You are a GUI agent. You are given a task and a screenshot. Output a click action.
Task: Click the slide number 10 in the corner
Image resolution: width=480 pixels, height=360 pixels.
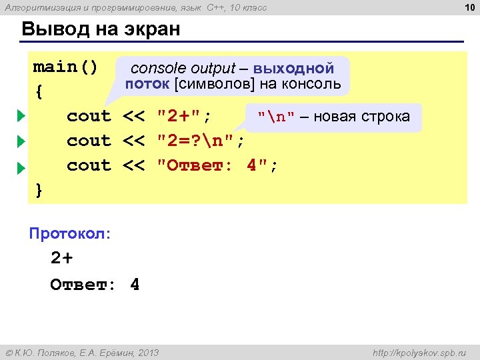tap(468, 7)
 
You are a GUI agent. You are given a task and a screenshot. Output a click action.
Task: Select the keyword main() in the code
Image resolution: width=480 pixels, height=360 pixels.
tap(65, 67)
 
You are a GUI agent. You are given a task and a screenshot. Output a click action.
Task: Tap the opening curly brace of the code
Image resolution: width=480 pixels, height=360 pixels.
tap(39, 92)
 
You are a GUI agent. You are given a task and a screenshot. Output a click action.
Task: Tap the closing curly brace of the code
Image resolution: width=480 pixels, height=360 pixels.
tap(39, 190)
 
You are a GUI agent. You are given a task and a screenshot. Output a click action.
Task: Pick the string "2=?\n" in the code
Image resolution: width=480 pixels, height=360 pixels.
tap(200, 141)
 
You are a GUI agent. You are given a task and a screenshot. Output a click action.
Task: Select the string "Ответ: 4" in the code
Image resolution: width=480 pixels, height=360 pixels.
tap(216, 165)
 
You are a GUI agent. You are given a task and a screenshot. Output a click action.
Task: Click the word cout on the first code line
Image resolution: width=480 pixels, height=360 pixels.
tap(89, 117)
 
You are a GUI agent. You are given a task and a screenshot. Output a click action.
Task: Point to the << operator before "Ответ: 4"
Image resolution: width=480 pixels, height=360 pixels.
tap(134, 165)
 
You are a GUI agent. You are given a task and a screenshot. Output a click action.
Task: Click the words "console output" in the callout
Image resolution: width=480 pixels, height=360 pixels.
tap(183, 68)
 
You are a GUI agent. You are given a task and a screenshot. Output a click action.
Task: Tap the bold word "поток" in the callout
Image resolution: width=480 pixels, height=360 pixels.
tap(147, 84)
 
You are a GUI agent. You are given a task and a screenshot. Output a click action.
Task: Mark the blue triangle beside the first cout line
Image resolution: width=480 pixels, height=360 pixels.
tap(21, 117)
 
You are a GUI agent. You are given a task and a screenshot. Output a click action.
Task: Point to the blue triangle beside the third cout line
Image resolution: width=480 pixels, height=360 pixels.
tap(21, 166)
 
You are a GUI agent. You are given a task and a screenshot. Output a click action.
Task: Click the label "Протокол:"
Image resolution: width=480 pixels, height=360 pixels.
tap(70, 234)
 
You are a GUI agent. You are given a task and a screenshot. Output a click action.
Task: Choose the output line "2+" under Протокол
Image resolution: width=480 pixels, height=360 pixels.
tap(61, 259)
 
